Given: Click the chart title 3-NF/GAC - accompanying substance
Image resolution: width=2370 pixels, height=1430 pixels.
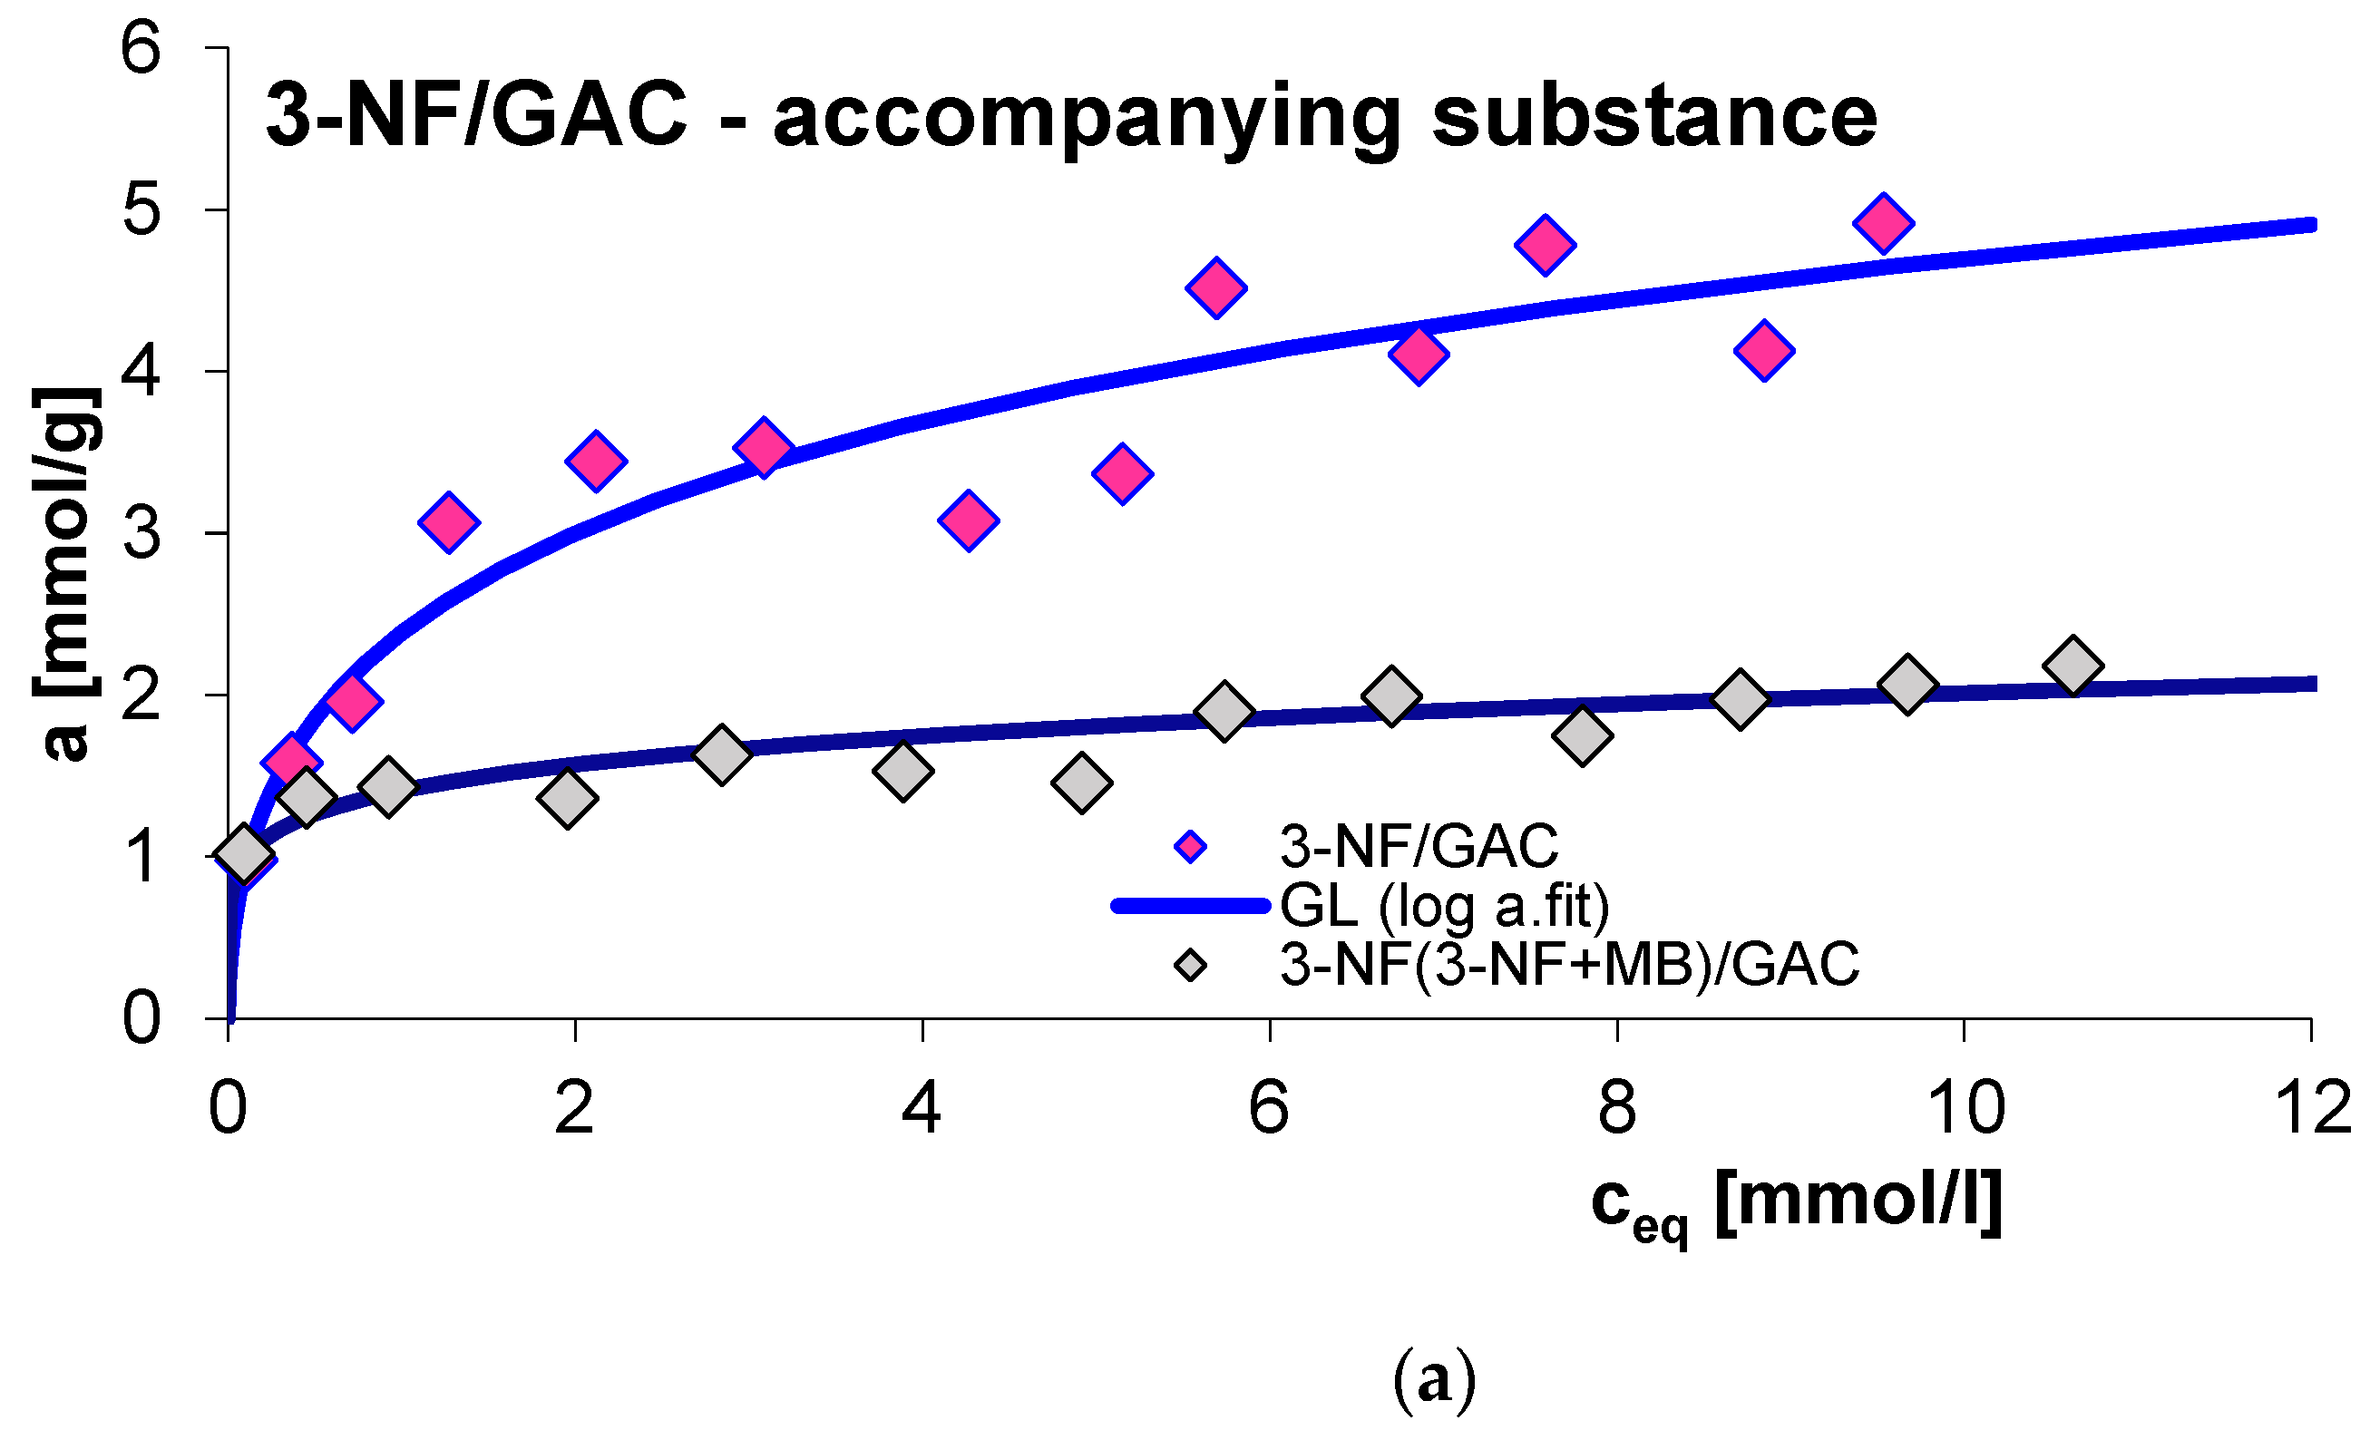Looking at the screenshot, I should (1069, 115).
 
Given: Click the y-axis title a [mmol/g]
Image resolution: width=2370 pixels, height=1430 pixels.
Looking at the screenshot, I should (64, 573).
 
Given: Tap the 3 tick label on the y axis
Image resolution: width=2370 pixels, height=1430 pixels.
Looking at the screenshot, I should (141, 534).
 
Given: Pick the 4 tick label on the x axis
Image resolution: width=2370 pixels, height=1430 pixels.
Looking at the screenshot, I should (922, 1108).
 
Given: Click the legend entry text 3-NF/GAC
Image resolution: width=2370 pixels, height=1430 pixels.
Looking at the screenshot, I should (1419, 846).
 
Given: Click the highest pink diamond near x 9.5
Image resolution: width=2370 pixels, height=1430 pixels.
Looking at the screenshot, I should (1883, 222).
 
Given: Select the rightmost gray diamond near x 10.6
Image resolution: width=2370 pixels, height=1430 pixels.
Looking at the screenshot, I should (2073, 666).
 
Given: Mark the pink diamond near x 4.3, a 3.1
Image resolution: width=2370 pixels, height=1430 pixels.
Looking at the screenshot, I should (969, 521).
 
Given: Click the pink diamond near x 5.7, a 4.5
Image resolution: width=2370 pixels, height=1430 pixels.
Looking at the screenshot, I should (1216, 287).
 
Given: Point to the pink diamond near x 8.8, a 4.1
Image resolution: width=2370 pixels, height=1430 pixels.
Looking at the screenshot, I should (1764, 350).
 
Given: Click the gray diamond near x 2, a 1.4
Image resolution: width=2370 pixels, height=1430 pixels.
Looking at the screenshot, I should (568, 797).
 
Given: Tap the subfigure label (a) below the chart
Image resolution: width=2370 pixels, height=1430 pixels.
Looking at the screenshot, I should (1434, 1379).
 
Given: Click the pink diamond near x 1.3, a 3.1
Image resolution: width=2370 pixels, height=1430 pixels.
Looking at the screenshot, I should (449, 523).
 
